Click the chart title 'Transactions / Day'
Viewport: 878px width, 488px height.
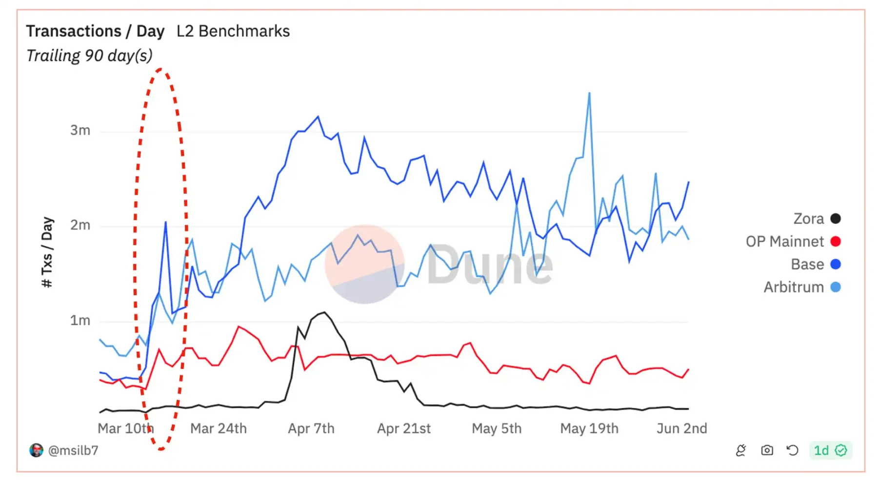(x=95, y=31)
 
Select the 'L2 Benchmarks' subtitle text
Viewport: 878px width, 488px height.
(x=233, y=31)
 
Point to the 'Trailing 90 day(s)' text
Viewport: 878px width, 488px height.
(x=89, y=56)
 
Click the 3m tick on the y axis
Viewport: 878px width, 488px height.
(x=80, y=130)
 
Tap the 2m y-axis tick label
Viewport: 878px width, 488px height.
(x=80, y=225)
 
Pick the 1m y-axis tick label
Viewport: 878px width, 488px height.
(x=80, y=321)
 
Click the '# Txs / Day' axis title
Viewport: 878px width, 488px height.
(x=47, y=252)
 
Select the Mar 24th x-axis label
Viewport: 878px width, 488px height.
(x=219, y=428)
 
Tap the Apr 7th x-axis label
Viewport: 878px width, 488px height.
(x=311, y=428)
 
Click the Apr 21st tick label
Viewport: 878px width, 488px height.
(x=404, y=428)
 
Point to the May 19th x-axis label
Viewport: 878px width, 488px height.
(x=589, y=428)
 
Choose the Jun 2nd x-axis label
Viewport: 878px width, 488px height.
(x=681, y=428)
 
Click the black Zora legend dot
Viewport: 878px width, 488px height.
(x=836, y=219)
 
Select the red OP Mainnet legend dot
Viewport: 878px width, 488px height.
(x=836, y=242)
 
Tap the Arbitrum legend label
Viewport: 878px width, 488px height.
(x=794, y=287)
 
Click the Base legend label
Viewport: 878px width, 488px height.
(x=807, y=264)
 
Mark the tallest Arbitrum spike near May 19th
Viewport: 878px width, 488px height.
(x=589, y=93)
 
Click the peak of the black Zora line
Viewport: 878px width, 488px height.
(x=324, y=312)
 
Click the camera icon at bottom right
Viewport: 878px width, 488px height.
(x=767, y=450)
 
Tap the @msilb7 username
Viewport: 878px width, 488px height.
(x=73, y=450)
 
